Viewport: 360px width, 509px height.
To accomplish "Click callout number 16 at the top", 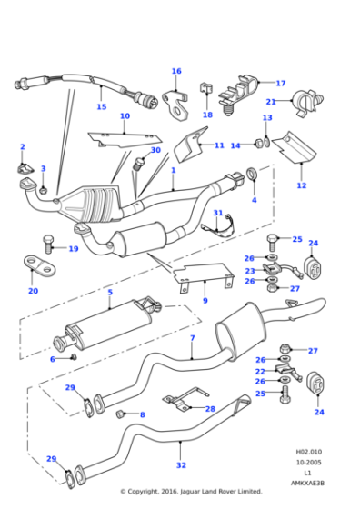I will point(176,71).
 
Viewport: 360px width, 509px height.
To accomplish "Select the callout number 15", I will point(102,106).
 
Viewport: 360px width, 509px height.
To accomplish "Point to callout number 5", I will point(109,292).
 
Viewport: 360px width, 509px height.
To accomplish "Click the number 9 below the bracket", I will point(205,300).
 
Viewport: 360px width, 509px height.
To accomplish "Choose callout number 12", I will point(301,185).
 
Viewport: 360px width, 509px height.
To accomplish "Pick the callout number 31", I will point(217,213).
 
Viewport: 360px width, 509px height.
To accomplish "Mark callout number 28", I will point(211,409).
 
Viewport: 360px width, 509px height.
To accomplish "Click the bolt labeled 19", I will point(49,241).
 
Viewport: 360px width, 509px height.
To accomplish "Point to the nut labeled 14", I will point(259,144).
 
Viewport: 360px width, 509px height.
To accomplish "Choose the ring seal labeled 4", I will point(251,175).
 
